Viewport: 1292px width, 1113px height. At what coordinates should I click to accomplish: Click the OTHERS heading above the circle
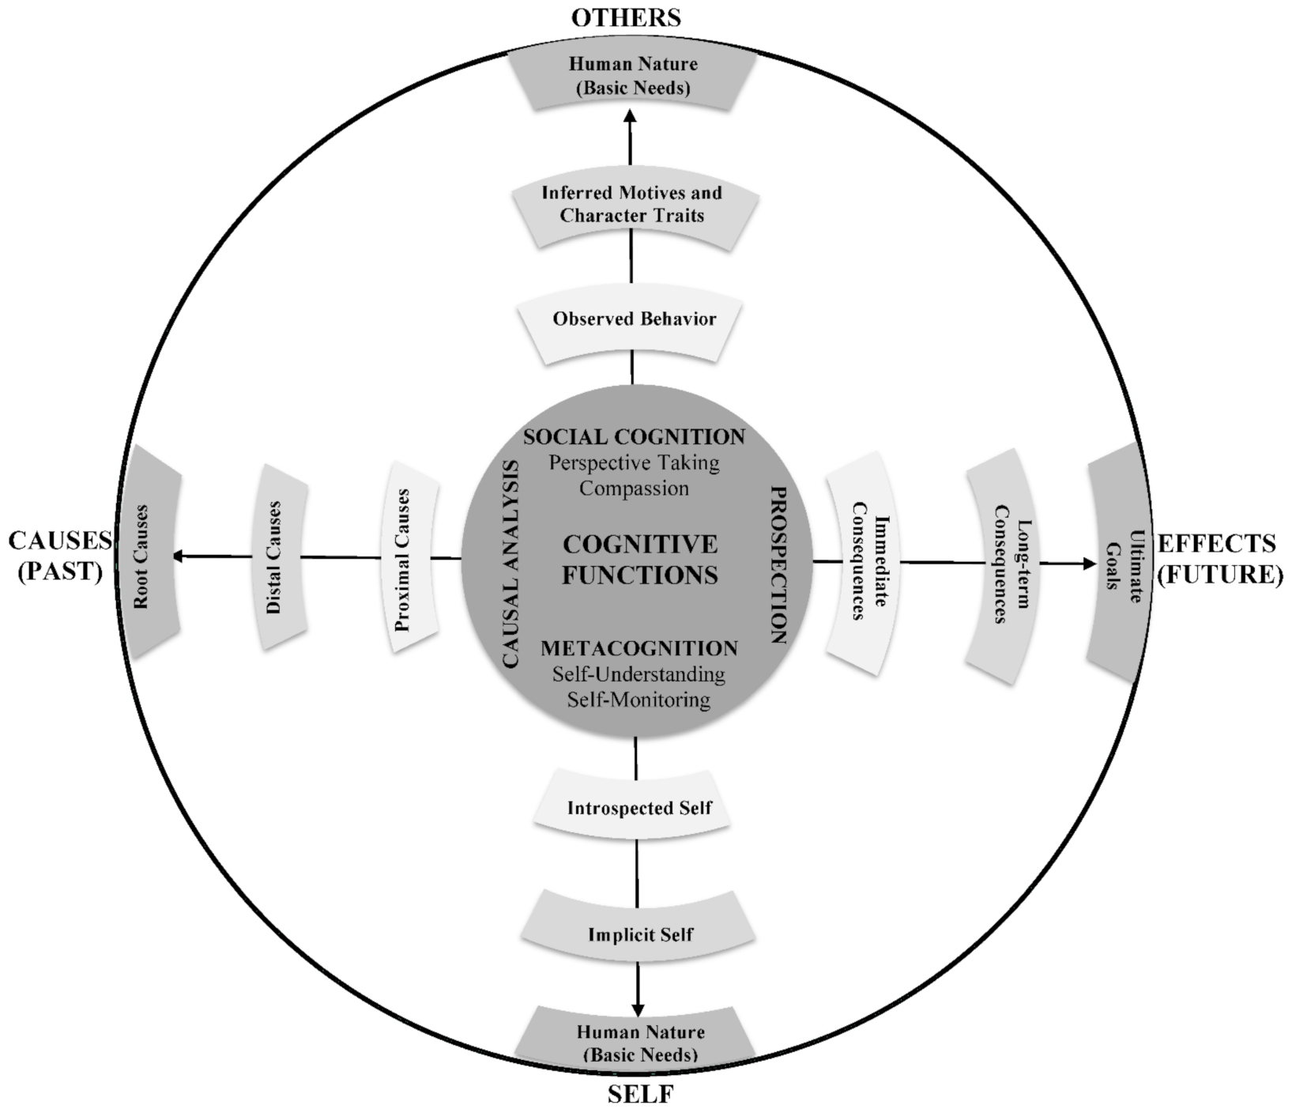point(626,17)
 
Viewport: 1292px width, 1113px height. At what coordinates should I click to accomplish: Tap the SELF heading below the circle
point(640,1095)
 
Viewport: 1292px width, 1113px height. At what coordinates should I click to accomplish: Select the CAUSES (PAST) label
point(60,556)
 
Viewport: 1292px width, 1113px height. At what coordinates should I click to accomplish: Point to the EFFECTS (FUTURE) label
point(1218,559)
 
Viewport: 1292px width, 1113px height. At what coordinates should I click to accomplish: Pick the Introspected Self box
point(638,809)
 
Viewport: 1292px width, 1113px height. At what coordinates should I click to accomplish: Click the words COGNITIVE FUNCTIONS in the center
point(639,560)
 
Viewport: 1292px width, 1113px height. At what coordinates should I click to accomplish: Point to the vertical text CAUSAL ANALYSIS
point(510,564)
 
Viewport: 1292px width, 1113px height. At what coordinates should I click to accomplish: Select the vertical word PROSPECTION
point(778,564)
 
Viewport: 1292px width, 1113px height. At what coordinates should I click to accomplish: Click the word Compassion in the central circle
point(634,489)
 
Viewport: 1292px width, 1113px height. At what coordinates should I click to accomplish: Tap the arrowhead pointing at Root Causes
point(179,556)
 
